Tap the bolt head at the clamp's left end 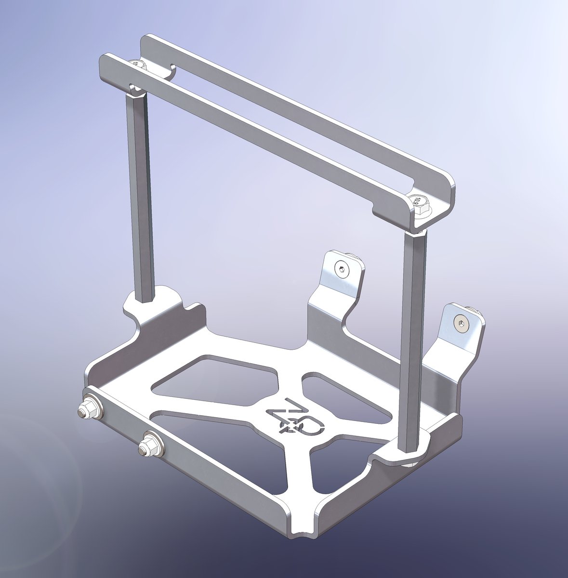point(138,64)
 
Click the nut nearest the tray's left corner point(88,409)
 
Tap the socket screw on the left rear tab point(342,270)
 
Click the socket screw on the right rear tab point(461,323)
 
